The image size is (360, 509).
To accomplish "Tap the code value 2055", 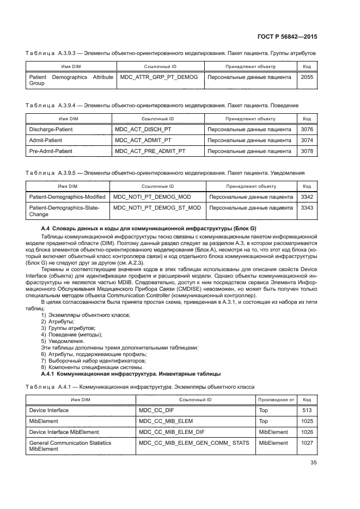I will tap(307, 77).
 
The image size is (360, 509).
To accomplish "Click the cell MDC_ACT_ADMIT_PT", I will tap(143, 140).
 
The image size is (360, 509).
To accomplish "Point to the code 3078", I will tap(307, 151).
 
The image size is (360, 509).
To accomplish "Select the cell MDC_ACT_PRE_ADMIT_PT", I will tap(150, 151).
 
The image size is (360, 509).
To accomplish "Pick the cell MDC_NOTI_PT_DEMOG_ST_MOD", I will tap(156, 207).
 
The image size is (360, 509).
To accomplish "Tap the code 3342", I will tap(307, 197).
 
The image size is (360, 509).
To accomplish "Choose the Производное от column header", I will tap(276, 400).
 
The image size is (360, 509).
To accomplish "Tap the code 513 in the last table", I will tap(307, 410).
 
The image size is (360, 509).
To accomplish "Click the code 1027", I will tap(307, 443).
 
